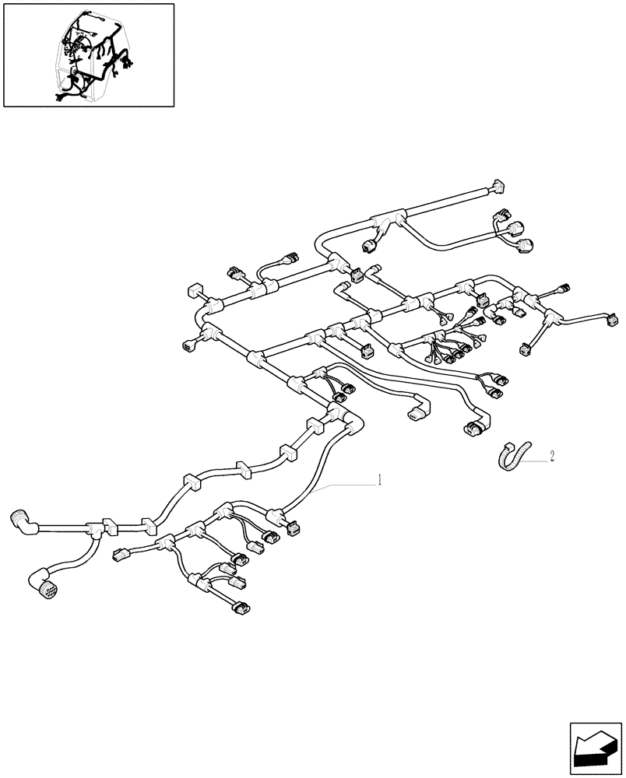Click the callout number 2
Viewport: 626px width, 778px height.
(x=551, y=457)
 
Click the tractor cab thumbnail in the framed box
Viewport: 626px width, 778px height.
(x=88, y=54)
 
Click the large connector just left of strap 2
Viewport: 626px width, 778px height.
(x=476, y=426)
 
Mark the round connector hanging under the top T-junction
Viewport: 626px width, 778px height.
(x=371, y=246)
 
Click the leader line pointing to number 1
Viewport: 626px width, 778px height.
(x=343, y=486)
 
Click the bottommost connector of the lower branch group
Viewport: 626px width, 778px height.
(x=241, y=607)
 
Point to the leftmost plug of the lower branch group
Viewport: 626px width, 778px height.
(x=121, y=555)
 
